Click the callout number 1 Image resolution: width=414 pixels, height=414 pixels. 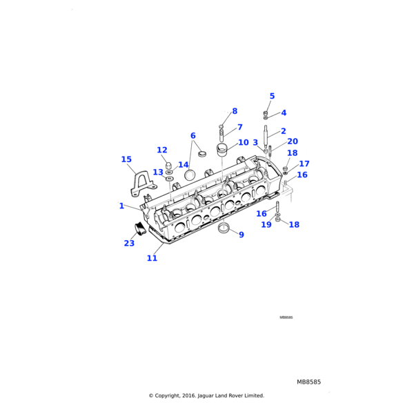[121, 206]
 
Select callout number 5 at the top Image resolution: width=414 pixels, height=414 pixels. [272, 97]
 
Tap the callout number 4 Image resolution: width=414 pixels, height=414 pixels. [284, 112]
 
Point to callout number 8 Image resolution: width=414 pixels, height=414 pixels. [235, 111]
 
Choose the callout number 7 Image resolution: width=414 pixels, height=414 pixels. [240, 127]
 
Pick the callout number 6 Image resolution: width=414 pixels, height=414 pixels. [193, 136]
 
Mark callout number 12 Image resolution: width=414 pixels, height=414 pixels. [162, 150]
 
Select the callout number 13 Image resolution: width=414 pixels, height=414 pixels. [158, 172]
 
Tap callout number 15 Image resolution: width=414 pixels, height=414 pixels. [126, 159]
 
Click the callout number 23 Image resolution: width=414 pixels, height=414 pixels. [129, 243]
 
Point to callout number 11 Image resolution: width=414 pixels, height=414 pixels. [152, 258]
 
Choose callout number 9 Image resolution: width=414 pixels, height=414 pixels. [241, 235]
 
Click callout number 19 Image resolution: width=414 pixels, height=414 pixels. [266, 224]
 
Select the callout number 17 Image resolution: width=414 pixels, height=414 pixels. [304, 164]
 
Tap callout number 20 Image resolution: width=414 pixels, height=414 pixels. [293, 141]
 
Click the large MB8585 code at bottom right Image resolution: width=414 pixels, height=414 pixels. [308, 382]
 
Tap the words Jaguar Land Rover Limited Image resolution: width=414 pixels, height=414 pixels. [235, 395]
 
